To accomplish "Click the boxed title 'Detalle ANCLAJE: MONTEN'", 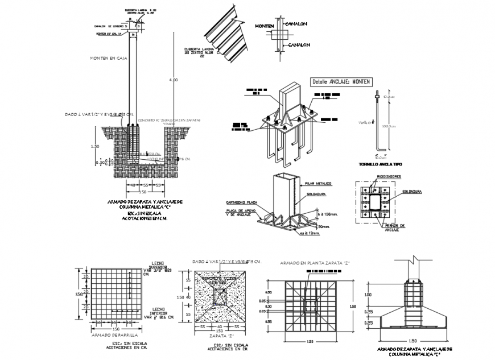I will [341, 82].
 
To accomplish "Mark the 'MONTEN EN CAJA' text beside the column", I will [108, 58].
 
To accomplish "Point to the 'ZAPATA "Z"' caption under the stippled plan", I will [218, 336].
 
